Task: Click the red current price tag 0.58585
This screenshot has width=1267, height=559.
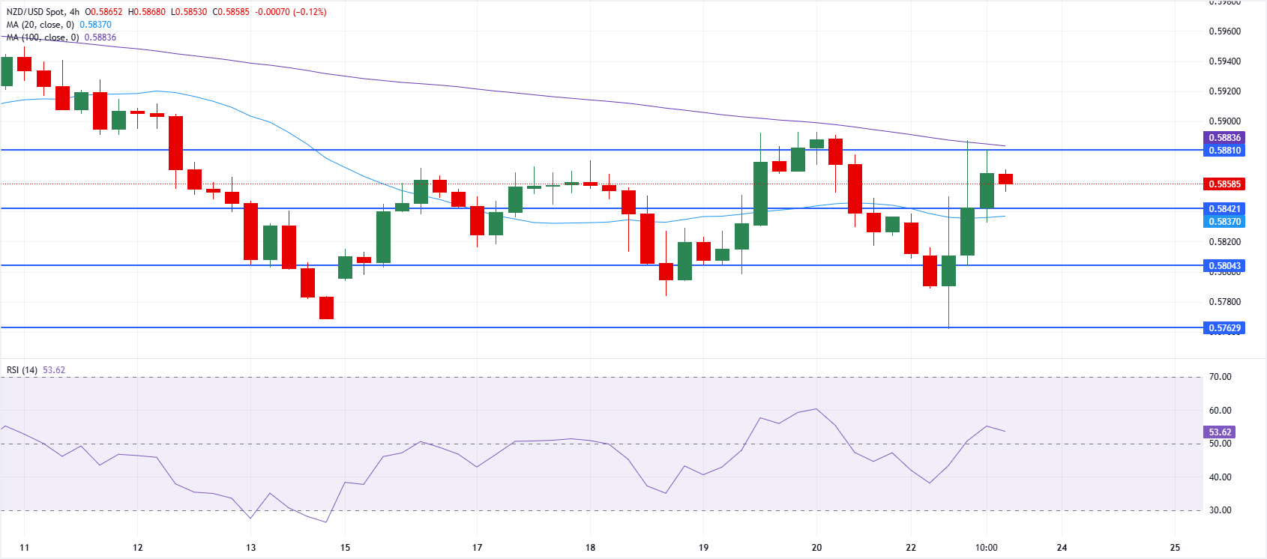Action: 1224,184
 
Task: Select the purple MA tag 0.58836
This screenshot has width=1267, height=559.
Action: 1224,138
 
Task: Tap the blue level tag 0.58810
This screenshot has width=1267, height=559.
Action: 1224,151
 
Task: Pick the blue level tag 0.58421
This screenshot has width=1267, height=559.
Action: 1224,209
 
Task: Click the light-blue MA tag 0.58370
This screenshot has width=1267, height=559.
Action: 1224,222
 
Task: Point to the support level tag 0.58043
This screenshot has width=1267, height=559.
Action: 1224,266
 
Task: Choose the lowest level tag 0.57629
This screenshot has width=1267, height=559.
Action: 1224,328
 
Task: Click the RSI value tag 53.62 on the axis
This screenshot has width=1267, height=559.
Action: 1220,432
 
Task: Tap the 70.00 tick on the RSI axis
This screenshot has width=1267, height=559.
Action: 1220,377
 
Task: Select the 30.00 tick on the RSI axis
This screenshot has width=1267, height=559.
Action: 1220,510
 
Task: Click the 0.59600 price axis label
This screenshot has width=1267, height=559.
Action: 1224,31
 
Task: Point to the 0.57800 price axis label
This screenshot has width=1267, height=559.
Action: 1224,302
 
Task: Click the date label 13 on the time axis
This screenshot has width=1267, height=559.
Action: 250,548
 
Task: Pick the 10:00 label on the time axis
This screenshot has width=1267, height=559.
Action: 986,548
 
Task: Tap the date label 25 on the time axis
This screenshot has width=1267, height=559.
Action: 1175,548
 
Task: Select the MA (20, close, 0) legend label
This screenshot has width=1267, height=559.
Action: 40,25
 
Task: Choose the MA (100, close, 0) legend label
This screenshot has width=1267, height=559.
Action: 43,37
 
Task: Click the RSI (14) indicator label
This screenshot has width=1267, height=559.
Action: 22,370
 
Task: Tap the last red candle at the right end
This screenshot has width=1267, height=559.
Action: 1005,179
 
